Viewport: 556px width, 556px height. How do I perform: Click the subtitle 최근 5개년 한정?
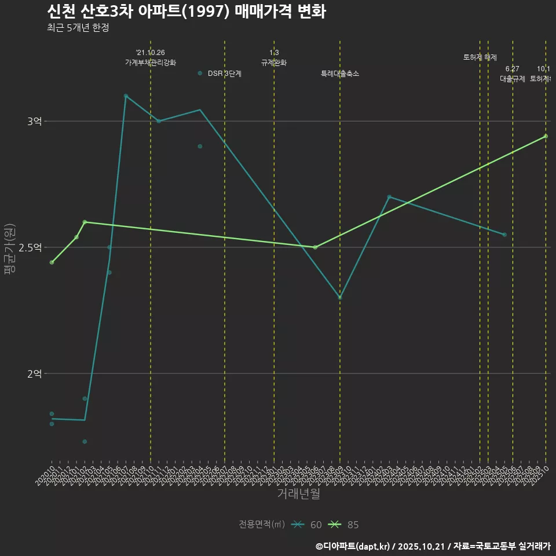coord(78,28)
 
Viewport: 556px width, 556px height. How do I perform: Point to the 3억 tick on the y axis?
coord(34,121)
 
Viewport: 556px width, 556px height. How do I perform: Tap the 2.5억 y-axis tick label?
coord(30,247)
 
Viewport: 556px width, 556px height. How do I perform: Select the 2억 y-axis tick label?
coord(34,374)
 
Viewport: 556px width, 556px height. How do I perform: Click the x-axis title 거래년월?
coord(298,494)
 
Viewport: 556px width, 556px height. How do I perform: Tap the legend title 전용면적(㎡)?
coord(261,524)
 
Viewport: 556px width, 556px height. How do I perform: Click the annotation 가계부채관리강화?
coord(151,63)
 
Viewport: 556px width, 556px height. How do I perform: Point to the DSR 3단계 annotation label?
coord(224,74)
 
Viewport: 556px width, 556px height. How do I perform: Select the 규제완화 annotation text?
coord(274,63)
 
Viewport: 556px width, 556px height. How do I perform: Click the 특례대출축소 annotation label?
coord(340,74)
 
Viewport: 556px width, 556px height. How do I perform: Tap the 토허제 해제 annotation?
coord(480,57)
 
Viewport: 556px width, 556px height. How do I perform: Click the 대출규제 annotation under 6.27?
coord(513,79)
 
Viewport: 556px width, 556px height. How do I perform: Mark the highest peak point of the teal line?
coord(126,96)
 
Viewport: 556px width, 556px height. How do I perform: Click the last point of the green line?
coord(546,136)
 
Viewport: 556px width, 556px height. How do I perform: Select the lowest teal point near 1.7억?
coord(85,441)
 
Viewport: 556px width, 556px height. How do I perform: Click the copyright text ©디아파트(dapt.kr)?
coord(354,546)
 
